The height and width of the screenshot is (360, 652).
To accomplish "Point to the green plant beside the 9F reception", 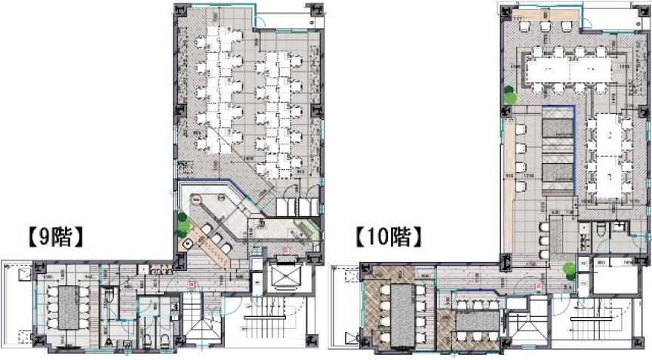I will point(182,224).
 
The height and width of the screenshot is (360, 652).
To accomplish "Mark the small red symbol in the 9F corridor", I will point(192,285).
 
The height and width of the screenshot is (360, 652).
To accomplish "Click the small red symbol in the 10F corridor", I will point(540,285).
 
